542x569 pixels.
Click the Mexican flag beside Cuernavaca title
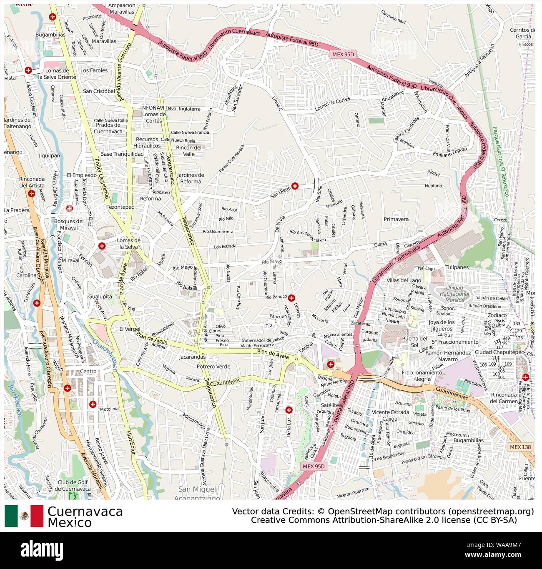pos(24,516)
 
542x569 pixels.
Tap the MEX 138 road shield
pos(521,447)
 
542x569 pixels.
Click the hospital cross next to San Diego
pos(295,186)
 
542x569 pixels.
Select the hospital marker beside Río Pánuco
pos(291,297)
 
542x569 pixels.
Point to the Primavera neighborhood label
pos(396,219)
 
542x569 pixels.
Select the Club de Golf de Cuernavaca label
pos(74,486)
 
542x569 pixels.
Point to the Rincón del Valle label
pos(188,150)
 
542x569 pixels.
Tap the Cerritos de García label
pos(522,33)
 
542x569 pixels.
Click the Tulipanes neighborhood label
pos(457,267)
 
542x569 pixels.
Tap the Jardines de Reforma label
pos(190,178)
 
